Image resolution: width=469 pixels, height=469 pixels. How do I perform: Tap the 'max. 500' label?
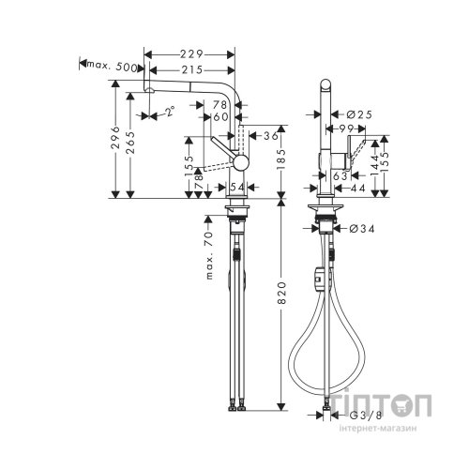[113, 68]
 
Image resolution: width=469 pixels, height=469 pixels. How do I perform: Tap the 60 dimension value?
[221, 117]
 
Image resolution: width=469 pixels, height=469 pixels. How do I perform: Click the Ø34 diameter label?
[365, 229]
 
